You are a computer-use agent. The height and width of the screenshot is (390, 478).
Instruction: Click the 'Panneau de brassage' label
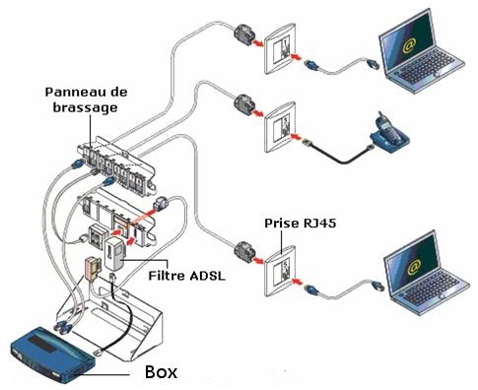pyautogui.click(x=86, y=99)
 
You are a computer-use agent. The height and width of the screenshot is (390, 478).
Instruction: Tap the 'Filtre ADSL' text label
pyautogui.click(x=187, y=275)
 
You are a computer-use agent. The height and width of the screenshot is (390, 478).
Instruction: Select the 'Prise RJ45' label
pyautogui.click(x=301, y=224)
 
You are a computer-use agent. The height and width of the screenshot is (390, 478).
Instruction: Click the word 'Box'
pyautogui.click(x=162, y=372)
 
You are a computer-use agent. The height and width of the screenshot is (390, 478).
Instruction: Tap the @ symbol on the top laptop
pyautogui.click(x=409, y=46)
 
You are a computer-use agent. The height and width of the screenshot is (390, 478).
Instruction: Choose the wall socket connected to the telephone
pyautogui.click(x=281, y=128)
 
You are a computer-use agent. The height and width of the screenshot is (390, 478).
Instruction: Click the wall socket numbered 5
pyautogui.click(x=281, y=271)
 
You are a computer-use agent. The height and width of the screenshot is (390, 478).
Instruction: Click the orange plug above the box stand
pyautogui.click(x=91, y=268)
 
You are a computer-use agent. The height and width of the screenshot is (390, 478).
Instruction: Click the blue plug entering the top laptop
pyautogui.click(x=373, y=64)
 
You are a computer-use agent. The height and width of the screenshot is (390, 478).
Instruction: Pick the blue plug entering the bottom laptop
pyautogui.click(x=377, y=286)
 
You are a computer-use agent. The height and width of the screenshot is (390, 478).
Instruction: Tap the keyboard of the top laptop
pyautogui.click(x=427, y=66)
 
